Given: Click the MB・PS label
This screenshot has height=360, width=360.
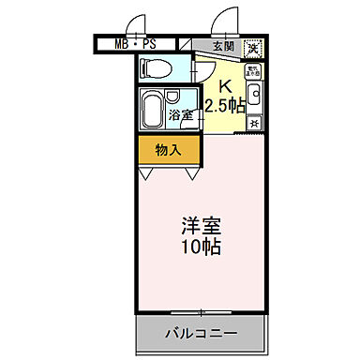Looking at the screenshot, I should pyautogui.click(x=135, y=44).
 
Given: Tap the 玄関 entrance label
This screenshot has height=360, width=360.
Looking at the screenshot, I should pyautogui.click(x=222, y=45).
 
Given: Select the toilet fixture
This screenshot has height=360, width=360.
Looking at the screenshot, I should pyautogui.click(x=157, y=67).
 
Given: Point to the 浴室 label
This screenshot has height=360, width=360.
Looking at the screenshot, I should pyautogui.click(x=183, y=114).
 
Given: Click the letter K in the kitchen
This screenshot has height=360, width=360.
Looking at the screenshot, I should pyautogui.click(x=225, y=82).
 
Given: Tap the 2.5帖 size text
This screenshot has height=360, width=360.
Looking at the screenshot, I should pyautogui.click(x=226, y=104).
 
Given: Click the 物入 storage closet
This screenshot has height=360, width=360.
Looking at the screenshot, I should pyautogui.click(x=169, y=149).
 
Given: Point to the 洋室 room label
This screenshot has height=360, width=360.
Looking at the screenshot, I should pyautogui.click(x=201, y=227).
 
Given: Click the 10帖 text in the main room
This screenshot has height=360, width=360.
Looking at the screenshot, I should pyautogui.click(x=201, y=248).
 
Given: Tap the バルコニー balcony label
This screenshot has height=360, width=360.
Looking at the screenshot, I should pyautogui.click(x=202, y=332).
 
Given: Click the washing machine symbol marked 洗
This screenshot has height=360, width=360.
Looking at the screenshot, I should pyautogui.click(x=252, y=48).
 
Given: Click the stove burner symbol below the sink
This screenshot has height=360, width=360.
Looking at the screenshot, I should pyautogui.click(x=254, y=119).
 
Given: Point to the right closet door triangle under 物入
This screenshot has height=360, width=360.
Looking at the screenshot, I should pyautogui.click(x=192, y=172).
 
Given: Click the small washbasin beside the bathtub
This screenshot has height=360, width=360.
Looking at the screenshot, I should pyautogui.click(x=173, y=97).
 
